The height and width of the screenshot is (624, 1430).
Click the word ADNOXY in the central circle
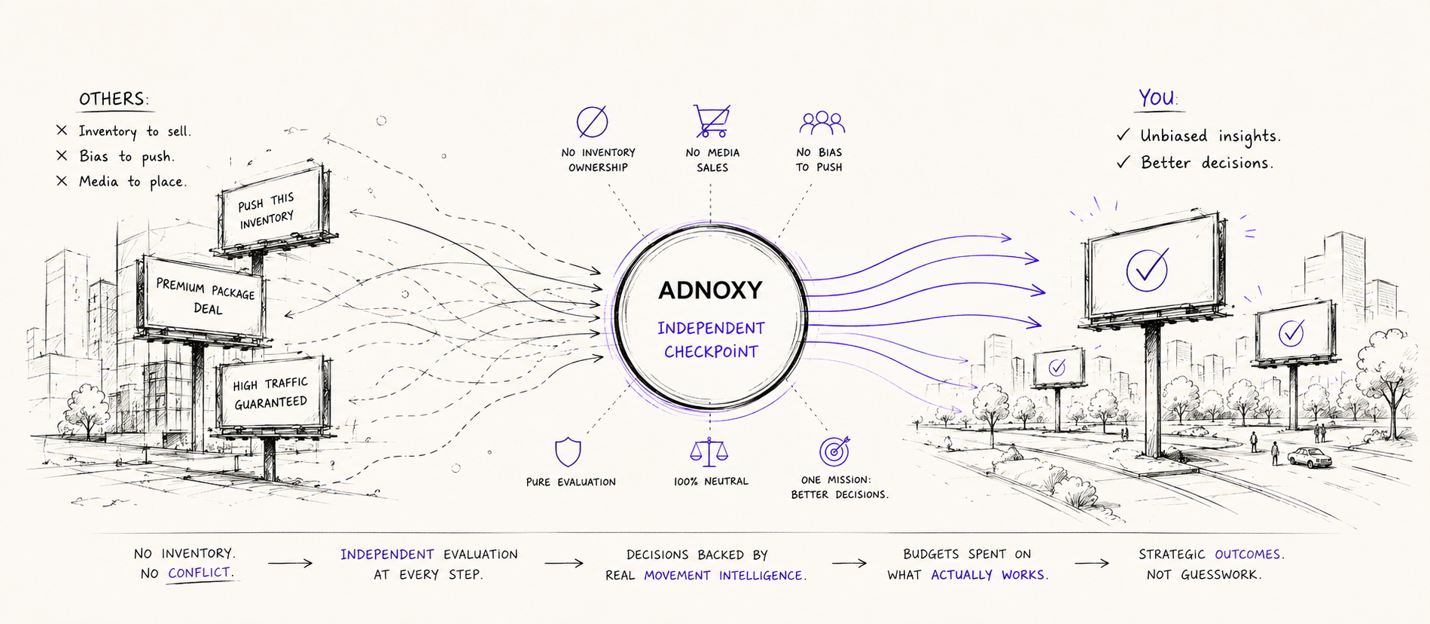(x=710, y=290)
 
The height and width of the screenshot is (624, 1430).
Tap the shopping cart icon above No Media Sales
(x=711, y=121)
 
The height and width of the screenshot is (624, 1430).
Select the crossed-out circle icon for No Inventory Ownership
(x=592, y=121)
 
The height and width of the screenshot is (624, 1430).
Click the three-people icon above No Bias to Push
(x=822, y=123)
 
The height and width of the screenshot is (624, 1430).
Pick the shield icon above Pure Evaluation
(x=568, y=453)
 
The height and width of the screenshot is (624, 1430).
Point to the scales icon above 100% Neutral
(x=709, y=451)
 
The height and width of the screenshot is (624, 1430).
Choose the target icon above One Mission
(x=834, y=451)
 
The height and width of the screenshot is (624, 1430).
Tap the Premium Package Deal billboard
(x=203, y=298)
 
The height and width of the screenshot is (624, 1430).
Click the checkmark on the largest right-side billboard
(x=1148, y=269)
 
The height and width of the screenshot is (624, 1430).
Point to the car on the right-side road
(x=1310, y=457)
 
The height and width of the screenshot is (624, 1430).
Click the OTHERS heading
(x=114, y=99)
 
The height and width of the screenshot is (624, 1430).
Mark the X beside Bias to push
(x=62, y=155)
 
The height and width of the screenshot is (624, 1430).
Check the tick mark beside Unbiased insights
(x=1123, y=135)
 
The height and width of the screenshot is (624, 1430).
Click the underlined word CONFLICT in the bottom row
(x=200, y=573)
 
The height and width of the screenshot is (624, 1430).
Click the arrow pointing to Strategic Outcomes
(x=1091, y=563)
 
